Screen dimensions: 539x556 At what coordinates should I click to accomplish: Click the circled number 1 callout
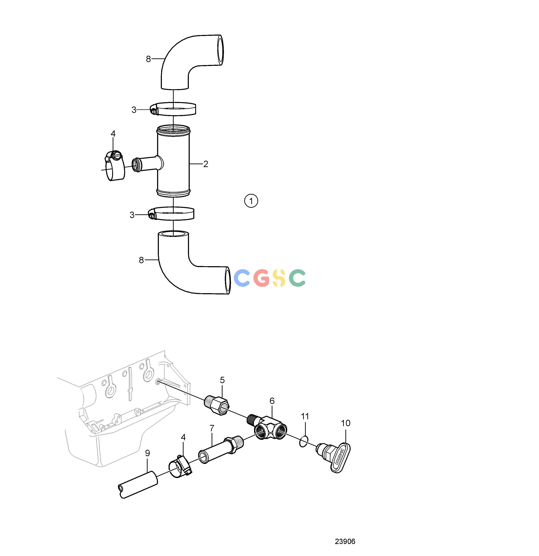pos(251,201)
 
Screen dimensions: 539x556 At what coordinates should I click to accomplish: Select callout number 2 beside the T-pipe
pos(206,164)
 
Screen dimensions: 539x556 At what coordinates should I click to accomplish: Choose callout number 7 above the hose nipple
pos(212,428)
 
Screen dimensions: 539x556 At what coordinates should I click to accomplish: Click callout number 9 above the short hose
pos(147,453)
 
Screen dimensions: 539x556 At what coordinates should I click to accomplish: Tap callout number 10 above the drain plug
pos(346,423)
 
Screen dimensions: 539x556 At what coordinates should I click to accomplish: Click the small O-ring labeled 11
pos(304,441)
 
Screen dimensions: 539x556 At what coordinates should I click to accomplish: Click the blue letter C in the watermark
pos(242,278)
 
